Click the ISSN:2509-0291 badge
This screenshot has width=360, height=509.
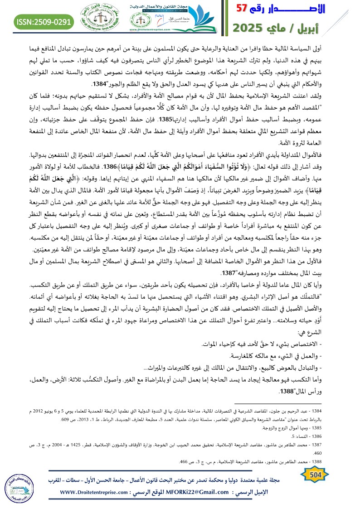[37, 21]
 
